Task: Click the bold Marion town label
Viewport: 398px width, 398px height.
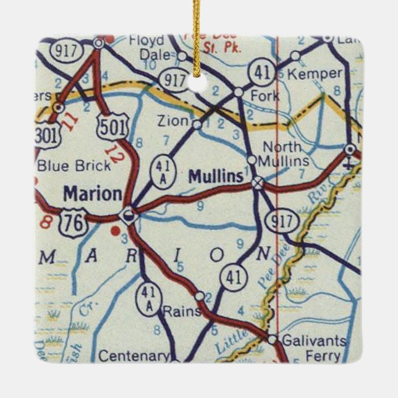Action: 93,194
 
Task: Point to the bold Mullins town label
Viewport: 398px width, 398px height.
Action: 215,177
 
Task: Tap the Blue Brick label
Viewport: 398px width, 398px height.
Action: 74,165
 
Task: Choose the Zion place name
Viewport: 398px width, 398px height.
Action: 172,122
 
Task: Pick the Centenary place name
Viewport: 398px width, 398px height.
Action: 134,356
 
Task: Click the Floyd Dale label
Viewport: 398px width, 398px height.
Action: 146,48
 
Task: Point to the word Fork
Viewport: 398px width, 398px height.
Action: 265,96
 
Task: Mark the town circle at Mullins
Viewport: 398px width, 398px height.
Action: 258,182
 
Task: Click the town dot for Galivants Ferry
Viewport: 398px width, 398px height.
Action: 272,339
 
